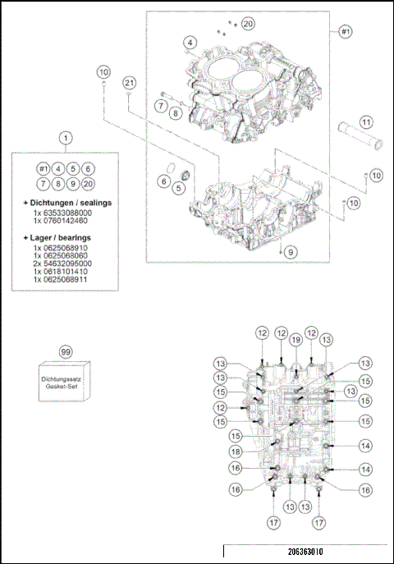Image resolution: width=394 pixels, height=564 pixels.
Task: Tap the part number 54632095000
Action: (67, 263)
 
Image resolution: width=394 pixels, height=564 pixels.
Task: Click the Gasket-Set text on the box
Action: (65, 386)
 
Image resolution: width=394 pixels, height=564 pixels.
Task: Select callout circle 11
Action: (366, 122)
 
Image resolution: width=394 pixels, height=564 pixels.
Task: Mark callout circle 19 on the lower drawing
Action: (295, 339)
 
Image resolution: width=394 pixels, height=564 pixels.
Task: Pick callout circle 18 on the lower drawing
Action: (236, 451)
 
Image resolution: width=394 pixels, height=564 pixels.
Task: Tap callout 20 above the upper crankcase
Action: (248, 25)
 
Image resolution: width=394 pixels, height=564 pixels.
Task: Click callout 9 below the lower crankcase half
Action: (290, 252)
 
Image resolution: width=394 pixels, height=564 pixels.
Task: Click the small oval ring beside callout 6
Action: (164, 181)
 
